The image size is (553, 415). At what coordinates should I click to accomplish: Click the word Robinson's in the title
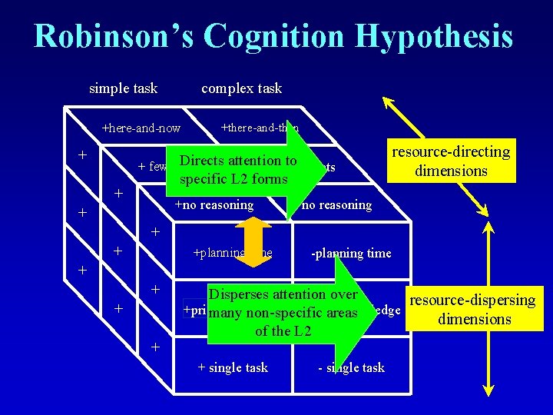111,37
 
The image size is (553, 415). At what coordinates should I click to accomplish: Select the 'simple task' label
123,88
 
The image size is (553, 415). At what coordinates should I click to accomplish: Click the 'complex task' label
241,88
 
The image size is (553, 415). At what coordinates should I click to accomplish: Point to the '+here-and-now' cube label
141,128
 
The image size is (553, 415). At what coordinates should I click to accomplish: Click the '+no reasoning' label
214,205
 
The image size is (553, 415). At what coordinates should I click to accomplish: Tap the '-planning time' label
351,254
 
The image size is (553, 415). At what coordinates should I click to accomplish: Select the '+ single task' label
233,367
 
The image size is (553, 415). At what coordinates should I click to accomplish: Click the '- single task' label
351,367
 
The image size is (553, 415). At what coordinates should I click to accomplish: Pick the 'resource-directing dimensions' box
451,161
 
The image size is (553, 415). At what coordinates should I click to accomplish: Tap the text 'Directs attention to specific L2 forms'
237,170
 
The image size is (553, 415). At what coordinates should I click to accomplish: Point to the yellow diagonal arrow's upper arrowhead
388,104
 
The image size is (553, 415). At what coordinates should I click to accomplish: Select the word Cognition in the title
276,37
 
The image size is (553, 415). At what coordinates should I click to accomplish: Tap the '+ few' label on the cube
152,168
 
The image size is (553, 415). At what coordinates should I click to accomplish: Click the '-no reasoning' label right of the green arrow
336,205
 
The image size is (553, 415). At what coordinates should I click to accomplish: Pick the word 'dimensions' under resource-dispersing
474,319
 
